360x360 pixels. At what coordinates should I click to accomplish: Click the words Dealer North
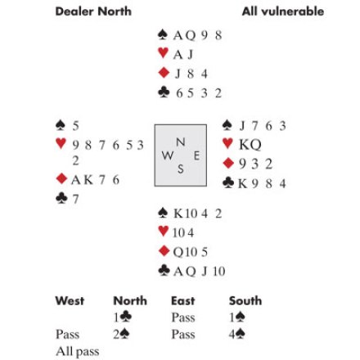point(93,11)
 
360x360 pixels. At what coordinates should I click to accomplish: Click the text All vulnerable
point(283,11)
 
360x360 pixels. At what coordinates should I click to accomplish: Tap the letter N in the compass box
point(181,142)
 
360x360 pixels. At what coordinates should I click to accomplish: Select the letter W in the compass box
point(168,155)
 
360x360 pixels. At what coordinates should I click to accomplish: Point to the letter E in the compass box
point(196,156)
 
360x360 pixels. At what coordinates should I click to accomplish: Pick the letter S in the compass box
point(181,169)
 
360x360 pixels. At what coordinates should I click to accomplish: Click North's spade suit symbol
point(163,34)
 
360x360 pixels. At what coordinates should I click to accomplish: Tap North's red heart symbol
point(163,52)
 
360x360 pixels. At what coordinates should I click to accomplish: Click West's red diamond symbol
point(61,178)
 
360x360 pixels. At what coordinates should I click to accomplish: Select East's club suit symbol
point(228,182)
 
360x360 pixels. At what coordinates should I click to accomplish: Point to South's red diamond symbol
point(164,250)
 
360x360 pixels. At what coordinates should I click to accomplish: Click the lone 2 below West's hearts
point(75,160)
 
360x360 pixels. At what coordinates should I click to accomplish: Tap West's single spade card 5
point(75,126)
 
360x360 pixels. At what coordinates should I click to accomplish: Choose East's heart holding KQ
point(250,145)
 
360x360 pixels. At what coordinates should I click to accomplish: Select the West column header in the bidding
point(70,301)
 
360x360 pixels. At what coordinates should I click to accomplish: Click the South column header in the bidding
point(245,301)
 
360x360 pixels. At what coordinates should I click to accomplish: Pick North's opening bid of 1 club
point(123,317)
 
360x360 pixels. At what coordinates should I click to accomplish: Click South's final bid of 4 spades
point(236,334)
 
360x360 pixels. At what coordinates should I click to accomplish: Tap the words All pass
point(78,352)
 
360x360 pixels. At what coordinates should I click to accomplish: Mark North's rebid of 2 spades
point(121,334)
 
